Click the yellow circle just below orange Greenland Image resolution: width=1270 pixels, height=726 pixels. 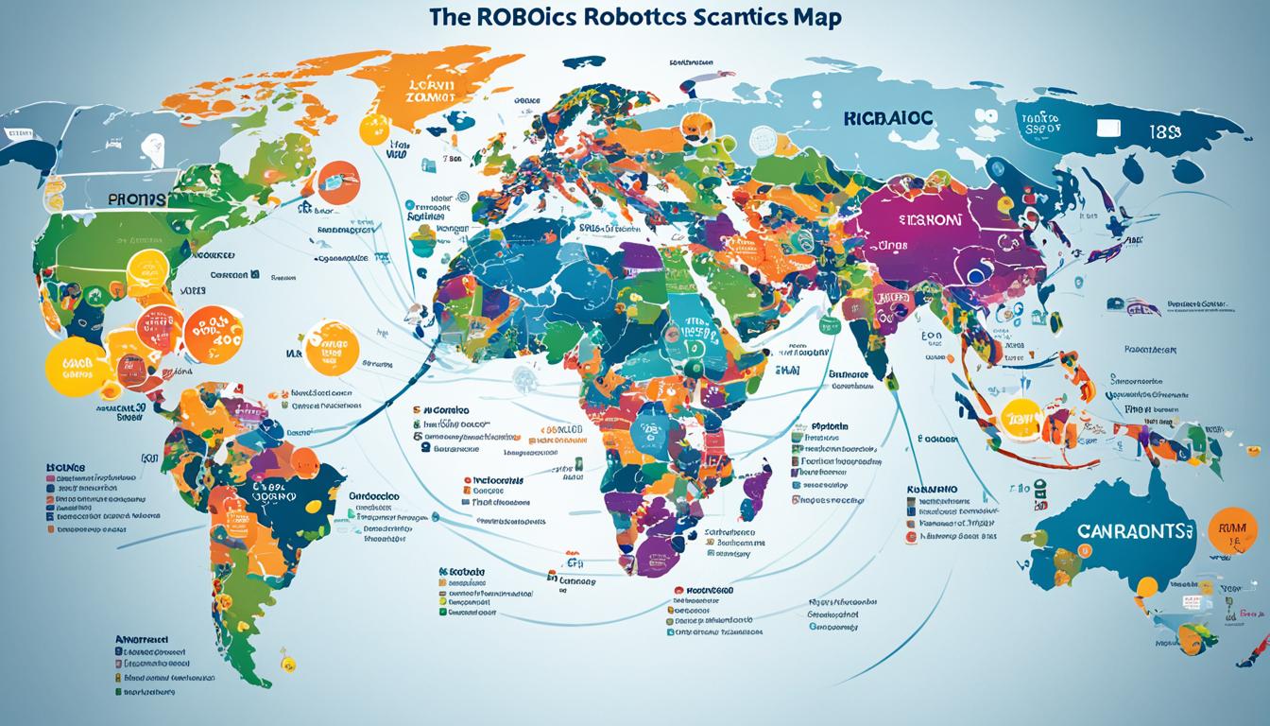373,130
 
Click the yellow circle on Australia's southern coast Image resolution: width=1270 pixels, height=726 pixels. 1145,587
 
